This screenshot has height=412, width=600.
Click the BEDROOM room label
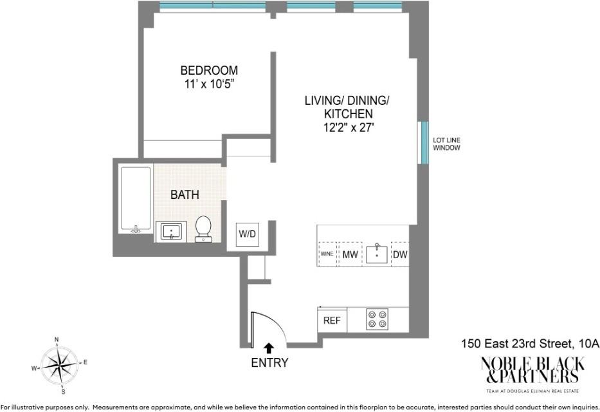[x=209, y=70]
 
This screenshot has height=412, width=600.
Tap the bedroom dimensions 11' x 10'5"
[x=209, y=84]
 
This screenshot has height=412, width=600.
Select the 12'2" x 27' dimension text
[x=348, y=127]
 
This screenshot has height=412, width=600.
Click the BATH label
[x=185, y=194]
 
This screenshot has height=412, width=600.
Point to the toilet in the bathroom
[x=203, y=229]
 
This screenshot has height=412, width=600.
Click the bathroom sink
[x=170, y=232]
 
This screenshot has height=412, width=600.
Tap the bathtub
[x=136, y=200]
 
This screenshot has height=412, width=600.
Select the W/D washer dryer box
[x=247, y=234]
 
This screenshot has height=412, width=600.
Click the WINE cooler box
[x=327, y=254]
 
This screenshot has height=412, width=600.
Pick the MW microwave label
[x=350, y=254]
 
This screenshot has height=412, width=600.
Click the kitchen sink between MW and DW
[x=377, y=254]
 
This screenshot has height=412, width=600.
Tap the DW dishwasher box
[x=400, y=254]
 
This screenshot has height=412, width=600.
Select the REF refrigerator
[x=332, y=321]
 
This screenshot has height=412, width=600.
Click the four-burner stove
[x=377, y=319]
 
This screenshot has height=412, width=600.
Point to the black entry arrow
[x=269, y=348]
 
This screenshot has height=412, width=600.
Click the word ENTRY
[x=269, y=362]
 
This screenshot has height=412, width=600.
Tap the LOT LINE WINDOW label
[x=446, y=144]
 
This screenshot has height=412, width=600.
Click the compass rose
[x=60, y=365]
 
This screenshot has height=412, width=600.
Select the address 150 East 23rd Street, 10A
[x=530, y=344]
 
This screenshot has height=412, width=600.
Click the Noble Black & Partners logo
[x=532, y=375]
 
